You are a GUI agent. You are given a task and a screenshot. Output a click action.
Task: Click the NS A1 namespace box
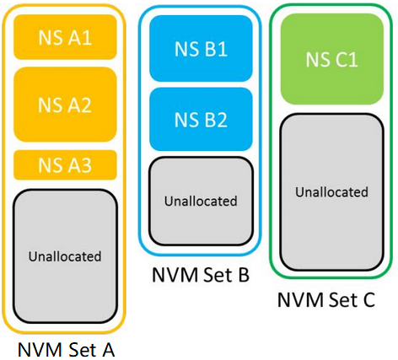click(65, 37)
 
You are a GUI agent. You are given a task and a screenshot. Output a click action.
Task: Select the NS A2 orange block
click(65, 105)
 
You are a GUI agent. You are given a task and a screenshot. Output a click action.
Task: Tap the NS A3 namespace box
click(65, 165)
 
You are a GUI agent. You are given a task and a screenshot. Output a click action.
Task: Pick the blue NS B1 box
click(201, 48)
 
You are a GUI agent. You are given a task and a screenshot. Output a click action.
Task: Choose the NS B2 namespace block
click(201, 119)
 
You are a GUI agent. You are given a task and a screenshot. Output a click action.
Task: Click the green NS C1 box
click(332, 59)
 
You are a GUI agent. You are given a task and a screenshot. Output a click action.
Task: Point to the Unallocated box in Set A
click(65, 256)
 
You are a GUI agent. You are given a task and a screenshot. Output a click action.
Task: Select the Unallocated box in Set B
click(201, 201)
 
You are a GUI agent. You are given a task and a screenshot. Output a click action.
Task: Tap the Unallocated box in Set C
click(332, 192)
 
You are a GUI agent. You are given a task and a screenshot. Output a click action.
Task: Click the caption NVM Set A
click(66, 350)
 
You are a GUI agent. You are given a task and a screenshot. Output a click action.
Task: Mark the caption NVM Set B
click(201, 274)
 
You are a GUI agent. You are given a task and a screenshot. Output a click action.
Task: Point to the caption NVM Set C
click(326, 299)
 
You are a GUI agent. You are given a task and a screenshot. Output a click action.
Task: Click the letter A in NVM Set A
click(107, 350)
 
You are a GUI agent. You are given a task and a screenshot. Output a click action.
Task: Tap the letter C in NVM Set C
click(367, 299)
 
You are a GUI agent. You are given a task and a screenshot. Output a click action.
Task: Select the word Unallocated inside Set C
click(332, 192)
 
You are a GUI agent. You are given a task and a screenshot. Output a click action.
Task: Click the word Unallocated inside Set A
click(65, 256)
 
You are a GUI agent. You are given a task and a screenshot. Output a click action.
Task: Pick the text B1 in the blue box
click(215, 49)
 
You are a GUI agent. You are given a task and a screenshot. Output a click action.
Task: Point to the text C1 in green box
click(346, 60)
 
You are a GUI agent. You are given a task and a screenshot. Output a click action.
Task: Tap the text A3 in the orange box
click(79, 165)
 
